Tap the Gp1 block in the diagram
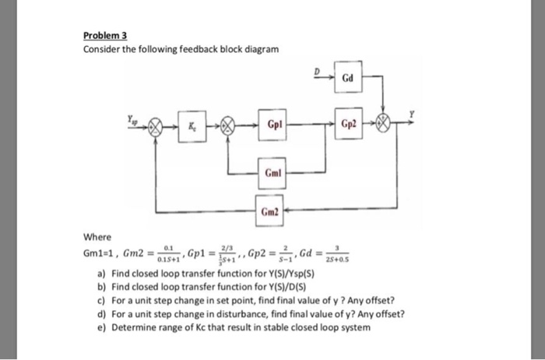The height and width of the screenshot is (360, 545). tap(274, 125)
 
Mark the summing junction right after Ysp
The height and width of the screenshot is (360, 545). tap(156, 125)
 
